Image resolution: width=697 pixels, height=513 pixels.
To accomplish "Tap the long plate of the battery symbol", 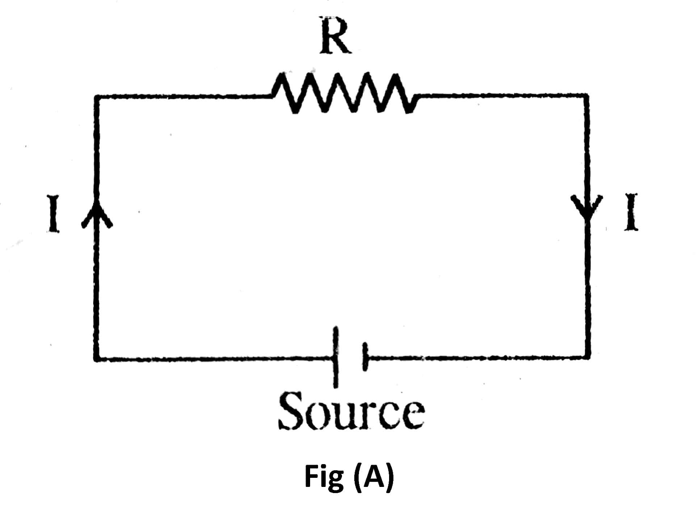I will pyautogui.click(x=336, y=357).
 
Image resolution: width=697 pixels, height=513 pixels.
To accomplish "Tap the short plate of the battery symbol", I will pyautogui.click(x=364, y=357).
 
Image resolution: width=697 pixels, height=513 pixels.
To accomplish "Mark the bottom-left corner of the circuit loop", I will pyautogui.click(x=96, y=359).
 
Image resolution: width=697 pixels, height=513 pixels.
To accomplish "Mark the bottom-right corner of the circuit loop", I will pyautogui.click(x=587, y=357).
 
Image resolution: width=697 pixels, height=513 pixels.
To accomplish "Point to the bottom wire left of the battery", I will pyautogui.click(x=214, y=359).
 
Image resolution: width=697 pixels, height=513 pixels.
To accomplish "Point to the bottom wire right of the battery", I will pyautogui.click(x=475, y=358).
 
